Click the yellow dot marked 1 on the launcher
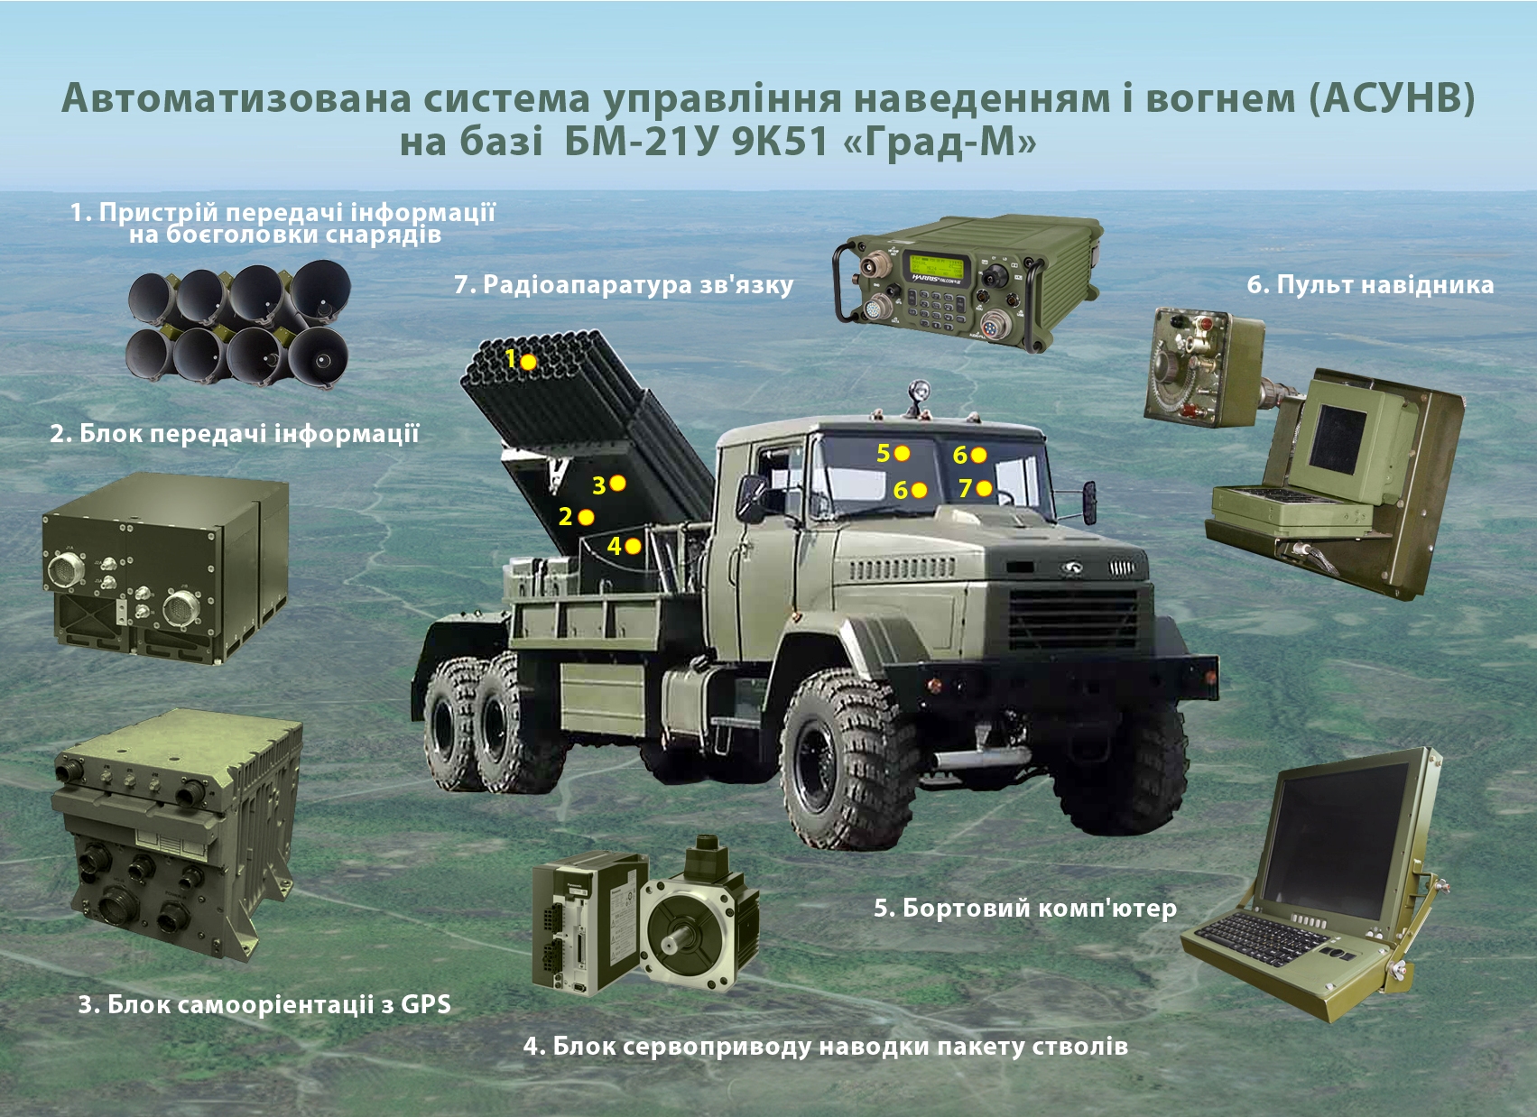coord(528,362)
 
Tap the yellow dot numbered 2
coord(586,517)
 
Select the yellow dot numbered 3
coord(617,484)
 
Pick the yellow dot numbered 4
coord(633,546)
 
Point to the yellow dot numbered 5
coord(903,454)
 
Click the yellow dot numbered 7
coord(984,488)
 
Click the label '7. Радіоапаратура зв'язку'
coord(624,285)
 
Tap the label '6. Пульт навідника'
coord(1370,285)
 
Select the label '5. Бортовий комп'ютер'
coord(1025,909)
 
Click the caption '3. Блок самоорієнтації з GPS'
coord(264,1004)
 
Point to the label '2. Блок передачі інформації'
coord(235,434)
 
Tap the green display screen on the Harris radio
coord(935,265)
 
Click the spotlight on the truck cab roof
coord(919,392)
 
